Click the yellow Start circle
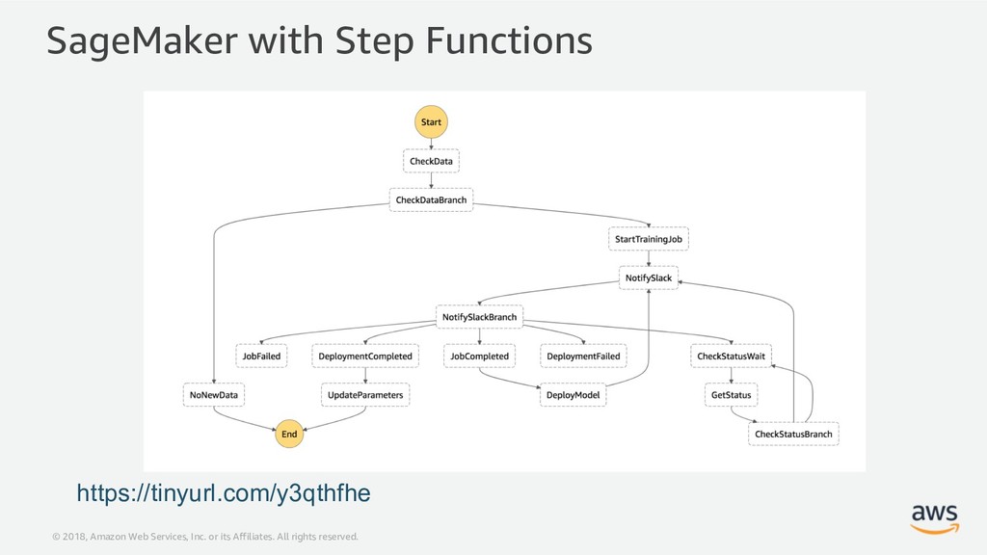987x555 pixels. [431, 122]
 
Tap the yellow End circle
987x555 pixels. [289, 434]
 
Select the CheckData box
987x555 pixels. [431, 161]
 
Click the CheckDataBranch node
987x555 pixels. [431, 200]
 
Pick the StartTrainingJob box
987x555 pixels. [649, 239]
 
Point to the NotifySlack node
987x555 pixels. [649, 278]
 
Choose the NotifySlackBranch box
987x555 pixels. [480, 317]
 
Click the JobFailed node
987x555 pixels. [261, 357]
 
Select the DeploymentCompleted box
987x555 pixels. [365, 357]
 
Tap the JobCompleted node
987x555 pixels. [480, 357]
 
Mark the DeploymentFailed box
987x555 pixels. [583, 357]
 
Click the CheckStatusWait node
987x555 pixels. [731, 357]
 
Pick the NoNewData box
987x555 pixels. [214, 395]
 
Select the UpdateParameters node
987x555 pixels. [365, 395]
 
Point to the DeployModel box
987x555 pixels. [573, 395]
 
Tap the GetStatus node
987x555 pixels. [731, 395]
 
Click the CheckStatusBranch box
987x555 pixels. [793, 435]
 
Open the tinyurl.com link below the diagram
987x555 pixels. [224, 492]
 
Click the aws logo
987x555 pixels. [935, 518]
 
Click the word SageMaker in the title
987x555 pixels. [143, 40]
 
